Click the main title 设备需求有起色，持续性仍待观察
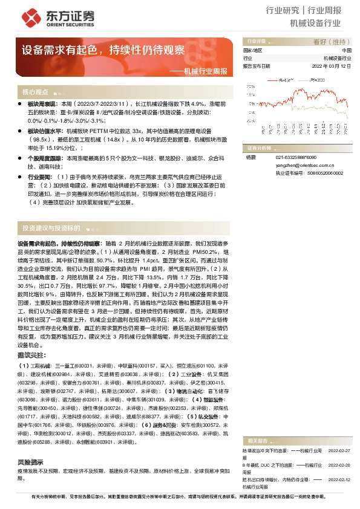click(x=103, y=50)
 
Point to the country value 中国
click(x=346, y=51)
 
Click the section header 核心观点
click(x=34, y=92)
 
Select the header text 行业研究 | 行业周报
click(x=312, y=10)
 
